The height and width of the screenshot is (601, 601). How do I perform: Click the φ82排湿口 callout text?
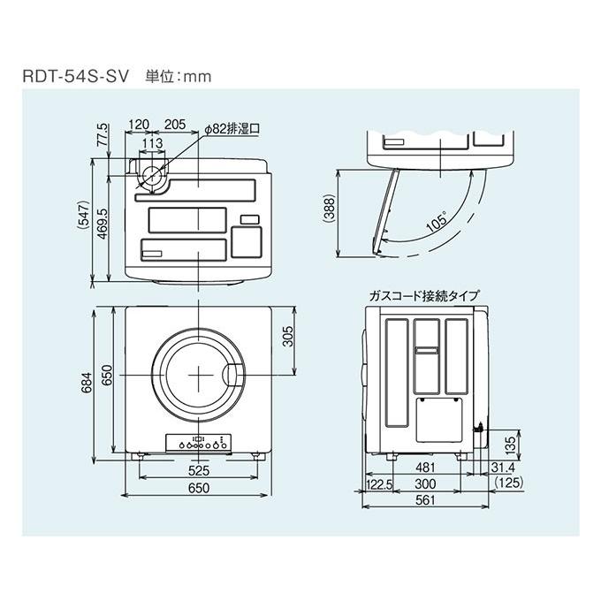pyautogui.click(x=232, y=127)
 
